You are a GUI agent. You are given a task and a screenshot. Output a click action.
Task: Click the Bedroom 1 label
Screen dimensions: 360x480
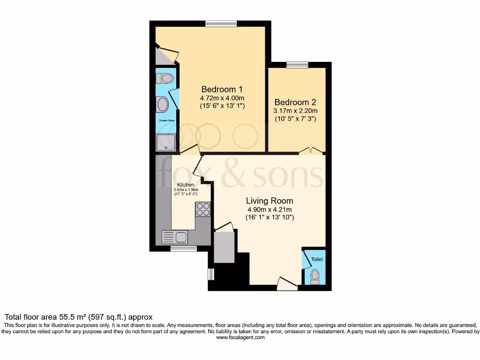pos(222,89)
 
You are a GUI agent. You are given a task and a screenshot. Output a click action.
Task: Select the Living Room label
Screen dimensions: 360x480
pos(269,201)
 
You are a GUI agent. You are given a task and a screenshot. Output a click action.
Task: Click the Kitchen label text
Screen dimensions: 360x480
pos(186,185)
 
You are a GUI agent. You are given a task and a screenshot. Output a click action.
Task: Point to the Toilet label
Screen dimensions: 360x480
pos(317,259)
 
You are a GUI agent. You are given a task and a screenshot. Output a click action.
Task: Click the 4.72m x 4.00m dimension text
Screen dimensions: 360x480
pos(222,98)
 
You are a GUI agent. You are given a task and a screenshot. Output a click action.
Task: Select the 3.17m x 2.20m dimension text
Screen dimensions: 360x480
pos(295,111)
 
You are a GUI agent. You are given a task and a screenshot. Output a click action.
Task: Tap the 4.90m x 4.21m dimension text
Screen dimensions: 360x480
pos(269,210)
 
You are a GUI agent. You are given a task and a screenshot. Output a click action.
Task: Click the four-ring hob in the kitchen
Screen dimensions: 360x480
pos(203,209)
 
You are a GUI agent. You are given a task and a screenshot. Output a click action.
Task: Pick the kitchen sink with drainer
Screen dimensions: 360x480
pos(175,237)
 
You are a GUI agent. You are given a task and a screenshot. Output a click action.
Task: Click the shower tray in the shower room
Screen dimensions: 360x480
pos(165,142)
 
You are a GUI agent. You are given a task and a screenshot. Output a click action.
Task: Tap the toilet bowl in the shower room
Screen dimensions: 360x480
pos(165,78)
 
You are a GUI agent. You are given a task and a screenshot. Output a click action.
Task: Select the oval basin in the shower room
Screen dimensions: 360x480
pos(162,105)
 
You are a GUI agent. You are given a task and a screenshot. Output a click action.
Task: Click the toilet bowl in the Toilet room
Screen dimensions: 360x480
pos(315,277)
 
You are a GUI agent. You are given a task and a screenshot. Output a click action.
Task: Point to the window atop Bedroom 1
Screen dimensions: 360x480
pos(221,23)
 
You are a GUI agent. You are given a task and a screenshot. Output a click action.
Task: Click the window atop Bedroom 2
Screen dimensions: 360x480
pos(297,65)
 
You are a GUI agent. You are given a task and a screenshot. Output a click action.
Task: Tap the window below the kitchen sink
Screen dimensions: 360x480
pos(183,248)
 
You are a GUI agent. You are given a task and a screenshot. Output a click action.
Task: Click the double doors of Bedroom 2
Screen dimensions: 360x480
pos(311,151)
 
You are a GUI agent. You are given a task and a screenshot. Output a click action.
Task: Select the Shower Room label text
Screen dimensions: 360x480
pos(166,121)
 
